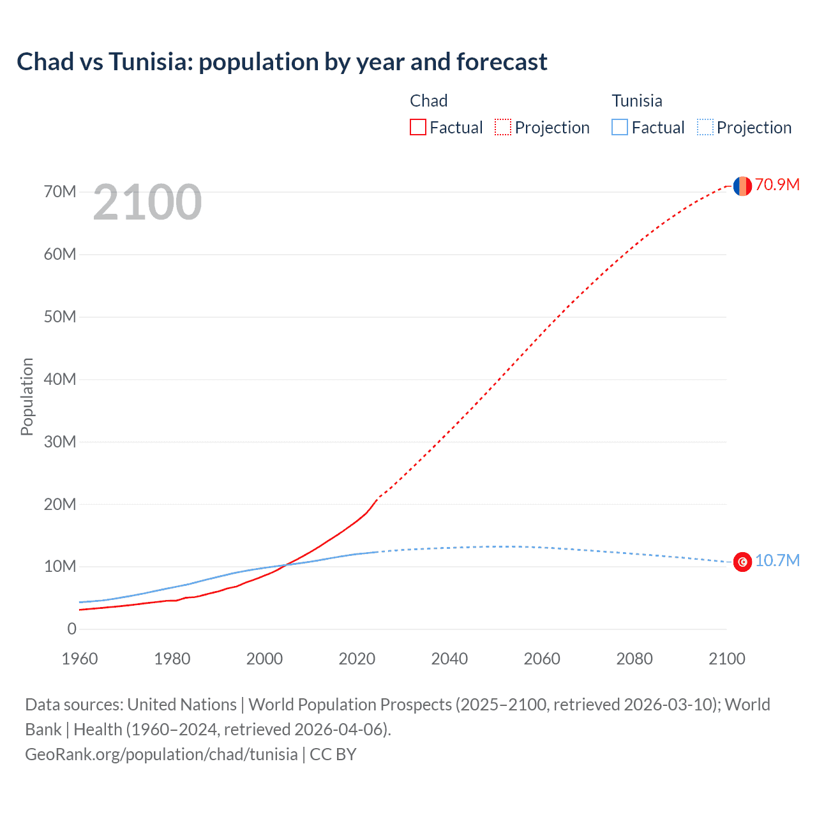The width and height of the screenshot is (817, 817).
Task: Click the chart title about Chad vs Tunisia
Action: click(x=281, y=62)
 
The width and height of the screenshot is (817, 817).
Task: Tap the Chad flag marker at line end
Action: click(x=742, y=186)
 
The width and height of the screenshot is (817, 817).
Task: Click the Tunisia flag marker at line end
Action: click(x=742, y=562)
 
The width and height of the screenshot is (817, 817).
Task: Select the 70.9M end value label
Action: click(x=777, y=184)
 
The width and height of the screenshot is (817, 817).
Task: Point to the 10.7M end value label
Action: click(x=777, y=560)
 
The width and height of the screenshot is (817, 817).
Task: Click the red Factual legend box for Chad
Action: click(x=418, y=127)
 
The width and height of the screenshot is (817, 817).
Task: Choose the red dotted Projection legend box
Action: click(x=503, y=127)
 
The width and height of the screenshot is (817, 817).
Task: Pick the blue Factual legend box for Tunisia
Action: click(x=620, y=127)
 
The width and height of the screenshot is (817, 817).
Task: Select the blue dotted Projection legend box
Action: click(x=705, y=127)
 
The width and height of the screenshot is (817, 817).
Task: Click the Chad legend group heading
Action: click(x=428, y=101)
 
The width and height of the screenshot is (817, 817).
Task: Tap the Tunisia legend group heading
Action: click(x=636, y=101)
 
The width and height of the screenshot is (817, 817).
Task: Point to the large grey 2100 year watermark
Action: click(x=147, y=202)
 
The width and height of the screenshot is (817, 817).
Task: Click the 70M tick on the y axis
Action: click(x=60, y=191)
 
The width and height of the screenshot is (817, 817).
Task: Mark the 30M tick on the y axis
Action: click(x=60, y=442)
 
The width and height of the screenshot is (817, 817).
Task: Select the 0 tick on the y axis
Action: click(x=71, y=629)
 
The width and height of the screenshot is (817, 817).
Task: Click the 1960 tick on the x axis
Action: click(x=80, y=659)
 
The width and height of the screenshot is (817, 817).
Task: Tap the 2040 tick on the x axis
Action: click(x=449, y=659)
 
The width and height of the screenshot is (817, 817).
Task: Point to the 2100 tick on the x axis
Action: click(x=726, y=659)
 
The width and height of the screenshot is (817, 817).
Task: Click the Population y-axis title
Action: click(x=27, y=396)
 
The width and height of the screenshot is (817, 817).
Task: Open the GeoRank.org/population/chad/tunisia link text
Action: click(x=161, y=754)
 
